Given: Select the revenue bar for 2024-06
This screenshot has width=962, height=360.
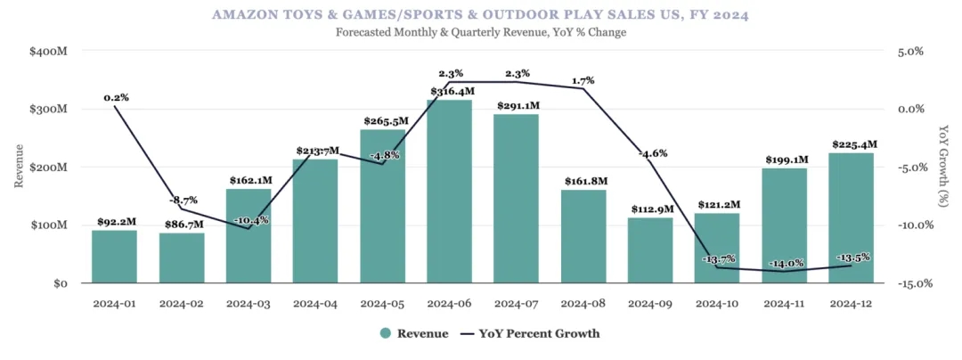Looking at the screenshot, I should (x=450, y=192).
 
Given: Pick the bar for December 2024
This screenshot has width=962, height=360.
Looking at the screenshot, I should (x=852, y=218).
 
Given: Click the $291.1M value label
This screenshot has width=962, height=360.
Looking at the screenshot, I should (x=517, y=105).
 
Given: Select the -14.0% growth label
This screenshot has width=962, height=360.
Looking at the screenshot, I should (x=785, y=263).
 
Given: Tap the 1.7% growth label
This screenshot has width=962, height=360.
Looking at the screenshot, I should (x=583, y=79).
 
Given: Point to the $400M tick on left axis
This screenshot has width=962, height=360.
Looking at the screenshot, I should (x=48, y=52).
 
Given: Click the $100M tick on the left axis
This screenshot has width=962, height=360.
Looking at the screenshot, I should (x=48, y=225).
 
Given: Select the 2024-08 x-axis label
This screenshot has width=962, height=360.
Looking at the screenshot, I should (x=583, y=304).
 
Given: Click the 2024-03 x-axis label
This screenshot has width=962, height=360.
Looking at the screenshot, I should (x=249, y=304).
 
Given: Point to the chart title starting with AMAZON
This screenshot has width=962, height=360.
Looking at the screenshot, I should (x=481, y=14).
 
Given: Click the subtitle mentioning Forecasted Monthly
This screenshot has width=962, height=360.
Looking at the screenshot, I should (x=481, y=32).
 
